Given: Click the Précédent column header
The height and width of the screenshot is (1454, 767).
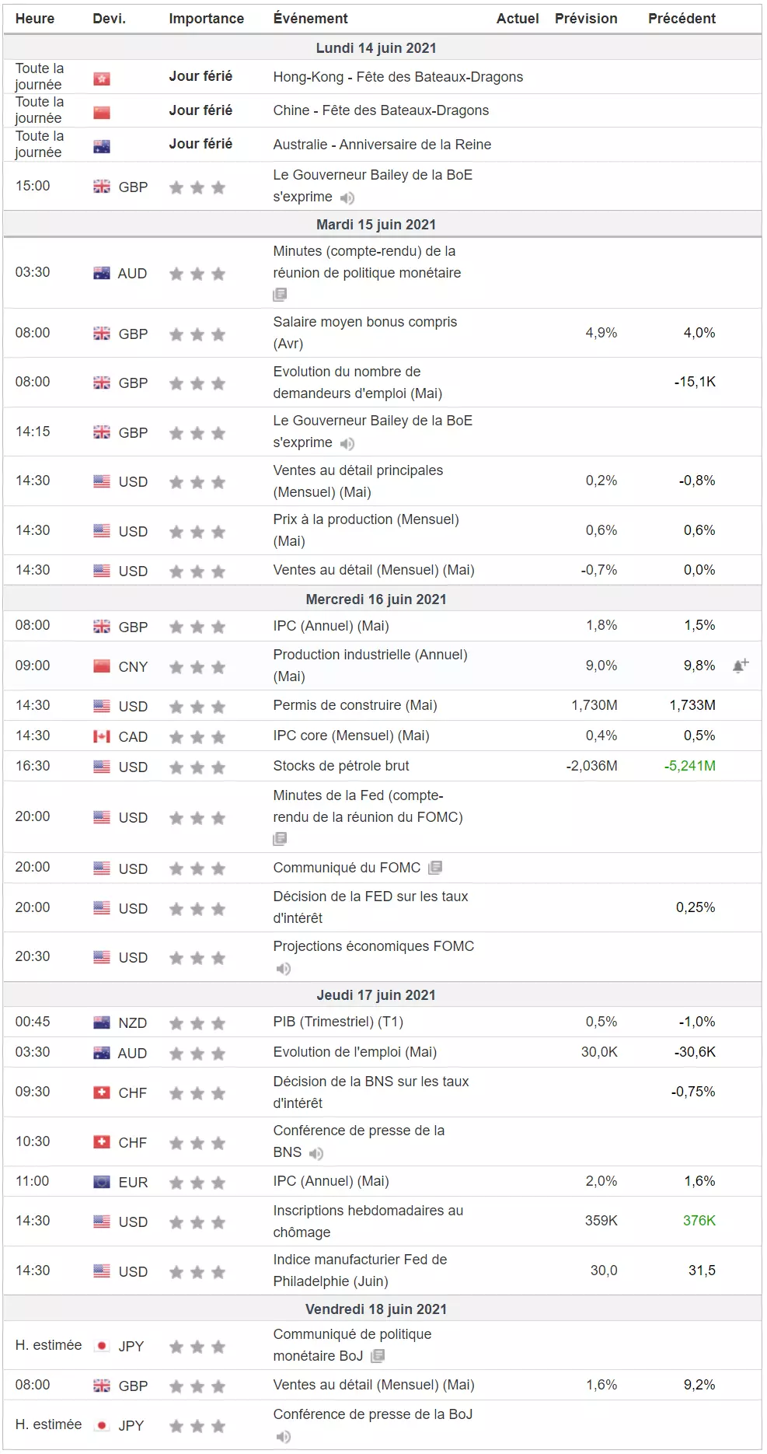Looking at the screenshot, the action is (682, 19).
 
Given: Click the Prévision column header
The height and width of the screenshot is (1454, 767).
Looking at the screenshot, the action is (586, 19).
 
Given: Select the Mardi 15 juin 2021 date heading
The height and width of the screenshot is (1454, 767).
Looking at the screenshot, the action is (376, 225).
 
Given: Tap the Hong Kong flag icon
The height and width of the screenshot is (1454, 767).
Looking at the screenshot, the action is (102, 79).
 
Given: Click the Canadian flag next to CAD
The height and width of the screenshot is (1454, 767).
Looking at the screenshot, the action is (102, 736).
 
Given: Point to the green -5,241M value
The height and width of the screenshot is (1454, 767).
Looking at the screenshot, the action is (690, 766).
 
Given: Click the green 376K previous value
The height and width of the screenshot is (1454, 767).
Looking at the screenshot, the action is (699, 1221).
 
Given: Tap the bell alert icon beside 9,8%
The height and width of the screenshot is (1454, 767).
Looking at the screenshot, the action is (741, 666).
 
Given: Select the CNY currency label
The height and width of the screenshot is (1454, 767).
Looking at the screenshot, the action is (133, 667).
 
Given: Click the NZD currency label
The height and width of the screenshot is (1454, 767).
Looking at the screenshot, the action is (133, 1023).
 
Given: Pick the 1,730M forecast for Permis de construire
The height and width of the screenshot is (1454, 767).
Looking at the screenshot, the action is (594, 705).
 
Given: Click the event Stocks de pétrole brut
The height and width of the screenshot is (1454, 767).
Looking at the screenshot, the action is (341, 766).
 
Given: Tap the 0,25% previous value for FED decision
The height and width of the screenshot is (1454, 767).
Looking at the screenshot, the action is (696, 907).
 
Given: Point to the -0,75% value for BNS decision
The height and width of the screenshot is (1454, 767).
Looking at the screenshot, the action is (693, 1092).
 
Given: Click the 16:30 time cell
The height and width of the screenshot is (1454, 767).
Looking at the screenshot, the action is (33, 766).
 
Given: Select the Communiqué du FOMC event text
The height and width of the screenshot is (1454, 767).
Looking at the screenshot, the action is (347, 868).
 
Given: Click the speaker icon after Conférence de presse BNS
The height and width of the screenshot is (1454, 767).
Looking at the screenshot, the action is (316, 1154).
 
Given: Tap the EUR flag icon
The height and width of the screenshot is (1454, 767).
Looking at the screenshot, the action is (102, 1183).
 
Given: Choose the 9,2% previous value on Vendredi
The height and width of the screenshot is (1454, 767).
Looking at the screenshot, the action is (699, 1385).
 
